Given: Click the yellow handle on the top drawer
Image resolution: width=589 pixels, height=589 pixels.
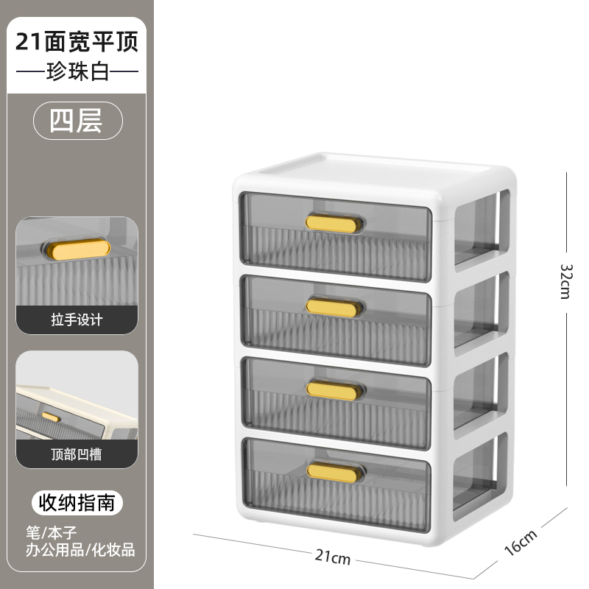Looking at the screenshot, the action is click(334, 223).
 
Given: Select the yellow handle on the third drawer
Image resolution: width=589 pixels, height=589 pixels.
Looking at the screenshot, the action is click(335, 389).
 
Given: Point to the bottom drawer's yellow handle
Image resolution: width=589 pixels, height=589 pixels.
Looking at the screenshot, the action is click(336, 471).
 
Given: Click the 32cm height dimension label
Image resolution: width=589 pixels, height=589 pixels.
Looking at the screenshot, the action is click(565, 281).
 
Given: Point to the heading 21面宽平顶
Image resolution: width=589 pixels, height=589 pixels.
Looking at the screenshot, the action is click(77, 41).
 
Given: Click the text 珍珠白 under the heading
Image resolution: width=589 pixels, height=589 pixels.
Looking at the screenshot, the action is click(77, 73).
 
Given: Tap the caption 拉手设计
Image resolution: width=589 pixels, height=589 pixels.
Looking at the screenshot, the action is click(77, 320).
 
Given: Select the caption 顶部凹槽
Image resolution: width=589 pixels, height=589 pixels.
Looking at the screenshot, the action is click(77, 454).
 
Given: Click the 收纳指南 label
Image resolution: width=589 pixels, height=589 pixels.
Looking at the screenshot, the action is click(77, 504).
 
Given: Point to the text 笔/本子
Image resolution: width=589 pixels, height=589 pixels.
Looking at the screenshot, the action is click(56, 531).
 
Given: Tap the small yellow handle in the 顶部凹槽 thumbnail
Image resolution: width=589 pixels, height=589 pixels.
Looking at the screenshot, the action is click(52, 417).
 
